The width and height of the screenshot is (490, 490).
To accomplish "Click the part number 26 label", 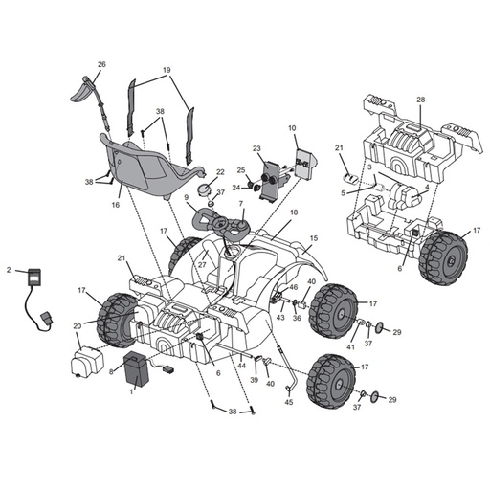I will (100, 64).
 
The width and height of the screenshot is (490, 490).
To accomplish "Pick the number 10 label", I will (292, 127).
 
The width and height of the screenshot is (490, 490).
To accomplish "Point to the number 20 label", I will (77, 326).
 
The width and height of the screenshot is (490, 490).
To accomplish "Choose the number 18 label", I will (294, 212).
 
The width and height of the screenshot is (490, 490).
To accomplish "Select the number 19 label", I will (167, 70).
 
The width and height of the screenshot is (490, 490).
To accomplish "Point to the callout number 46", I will (293, 287).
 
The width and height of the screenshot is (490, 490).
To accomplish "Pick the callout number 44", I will (242, 365).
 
